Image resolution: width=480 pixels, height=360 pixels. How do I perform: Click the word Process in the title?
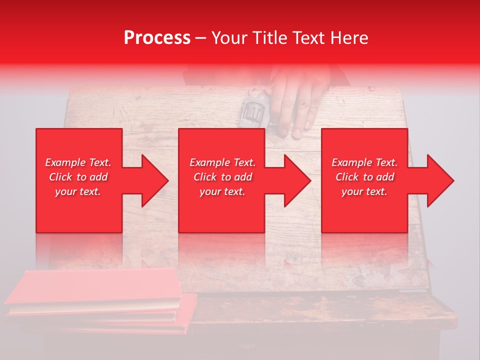157,38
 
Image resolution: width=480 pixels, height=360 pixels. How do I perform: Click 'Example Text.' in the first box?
78,162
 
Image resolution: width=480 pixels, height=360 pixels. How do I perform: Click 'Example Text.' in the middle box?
222,162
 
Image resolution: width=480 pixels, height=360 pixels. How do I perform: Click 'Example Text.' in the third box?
364,162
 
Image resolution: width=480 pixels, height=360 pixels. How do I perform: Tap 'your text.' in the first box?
78,191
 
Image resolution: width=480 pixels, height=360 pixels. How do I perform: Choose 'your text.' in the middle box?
222,191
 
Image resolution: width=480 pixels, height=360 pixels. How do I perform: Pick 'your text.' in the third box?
364,191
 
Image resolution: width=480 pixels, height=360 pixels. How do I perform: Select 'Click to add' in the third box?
364,177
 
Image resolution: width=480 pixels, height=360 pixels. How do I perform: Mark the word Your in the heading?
229,38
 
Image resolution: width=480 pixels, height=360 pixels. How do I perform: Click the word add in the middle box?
242,177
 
